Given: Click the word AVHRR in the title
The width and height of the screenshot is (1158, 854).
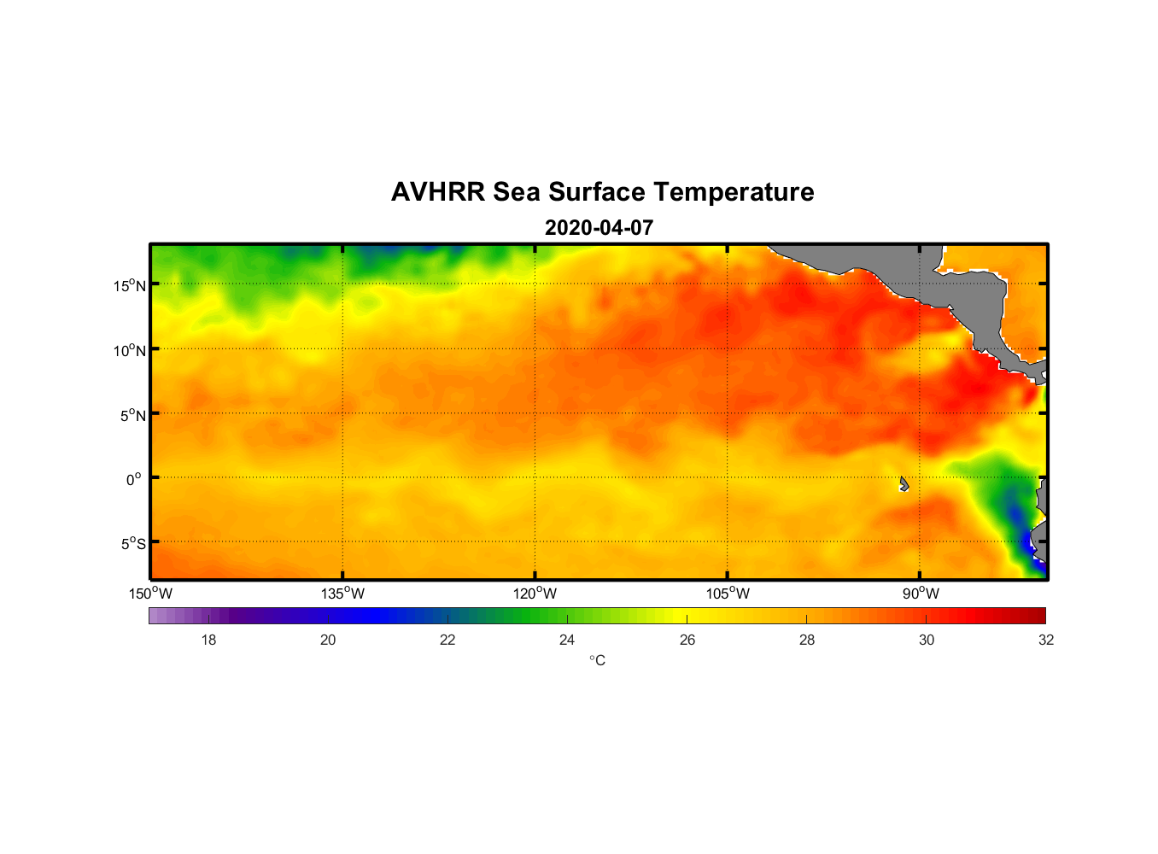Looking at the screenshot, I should click(438, 192).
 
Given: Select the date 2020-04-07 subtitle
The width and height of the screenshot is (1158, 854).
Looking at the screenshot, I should click(599, 228).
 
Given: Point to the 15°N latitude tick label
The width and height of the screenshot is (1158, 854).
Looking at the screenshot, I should click(129, 285).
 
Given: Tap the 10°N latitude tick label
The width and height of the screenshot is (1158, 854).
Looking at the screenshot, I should click(129, 350).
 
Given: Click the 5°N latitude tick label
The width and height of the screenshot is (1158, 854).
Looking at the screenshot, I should click(132, 415).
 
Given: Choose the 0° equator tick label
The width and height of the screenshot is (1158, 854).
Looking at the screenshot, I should click(134, 479).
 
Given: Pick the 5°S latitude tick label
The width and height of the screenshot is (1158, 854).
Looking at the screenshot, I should click(132, 544).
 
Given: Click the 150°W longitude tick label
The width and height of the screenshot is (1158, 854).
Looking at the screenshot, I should click(151, 594).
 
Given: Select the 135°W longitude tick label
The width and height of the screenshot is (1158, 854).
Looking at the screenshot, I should click(343, 594).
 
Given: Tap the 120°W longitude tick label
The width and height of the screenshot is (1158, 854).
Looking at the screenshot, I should click(535, 594).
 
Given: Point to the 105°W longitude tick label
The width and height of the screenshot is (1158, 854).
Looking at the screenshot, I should click(728, 594).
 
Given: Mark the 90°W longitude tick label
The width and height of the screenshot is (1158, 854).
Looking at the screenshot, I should click(921, 594).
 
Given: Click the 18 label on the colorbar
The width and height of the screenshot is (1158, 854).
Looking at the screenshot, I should click(208, 640).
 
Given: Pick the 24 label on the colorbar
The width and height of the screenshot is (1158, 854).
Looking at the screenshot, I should click(567, 640).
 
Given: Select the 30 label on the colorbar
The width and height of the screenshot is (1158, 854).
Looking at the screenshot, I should click(927, 640).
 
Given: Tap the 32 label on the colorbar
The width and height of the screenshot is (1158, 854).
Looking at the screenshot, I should click(1046, 640).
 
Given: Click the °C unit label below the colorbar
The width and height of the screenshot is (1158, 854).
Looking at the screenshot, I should click(597, 660).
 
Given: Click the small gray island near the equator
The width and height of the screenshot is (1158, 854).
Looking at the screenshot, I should click(904, 484).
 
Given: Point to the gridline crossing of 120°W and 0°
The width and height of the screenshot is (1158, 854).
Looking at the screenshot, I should click(535, 477).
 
